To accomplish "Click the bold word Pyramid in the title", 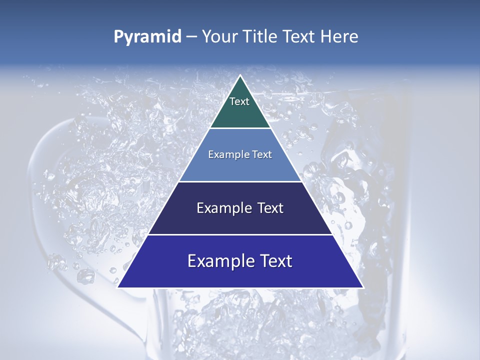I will pos(147,37).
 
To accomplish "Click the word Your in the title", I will pos(219,37).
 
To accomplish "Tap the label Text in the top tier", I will pos(239,102).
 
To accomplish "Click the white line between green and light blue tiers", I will pos(240,128).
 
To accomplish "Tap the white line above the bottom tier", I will pos(240,234).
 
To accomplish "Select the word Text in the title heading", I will pos(299,37).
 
